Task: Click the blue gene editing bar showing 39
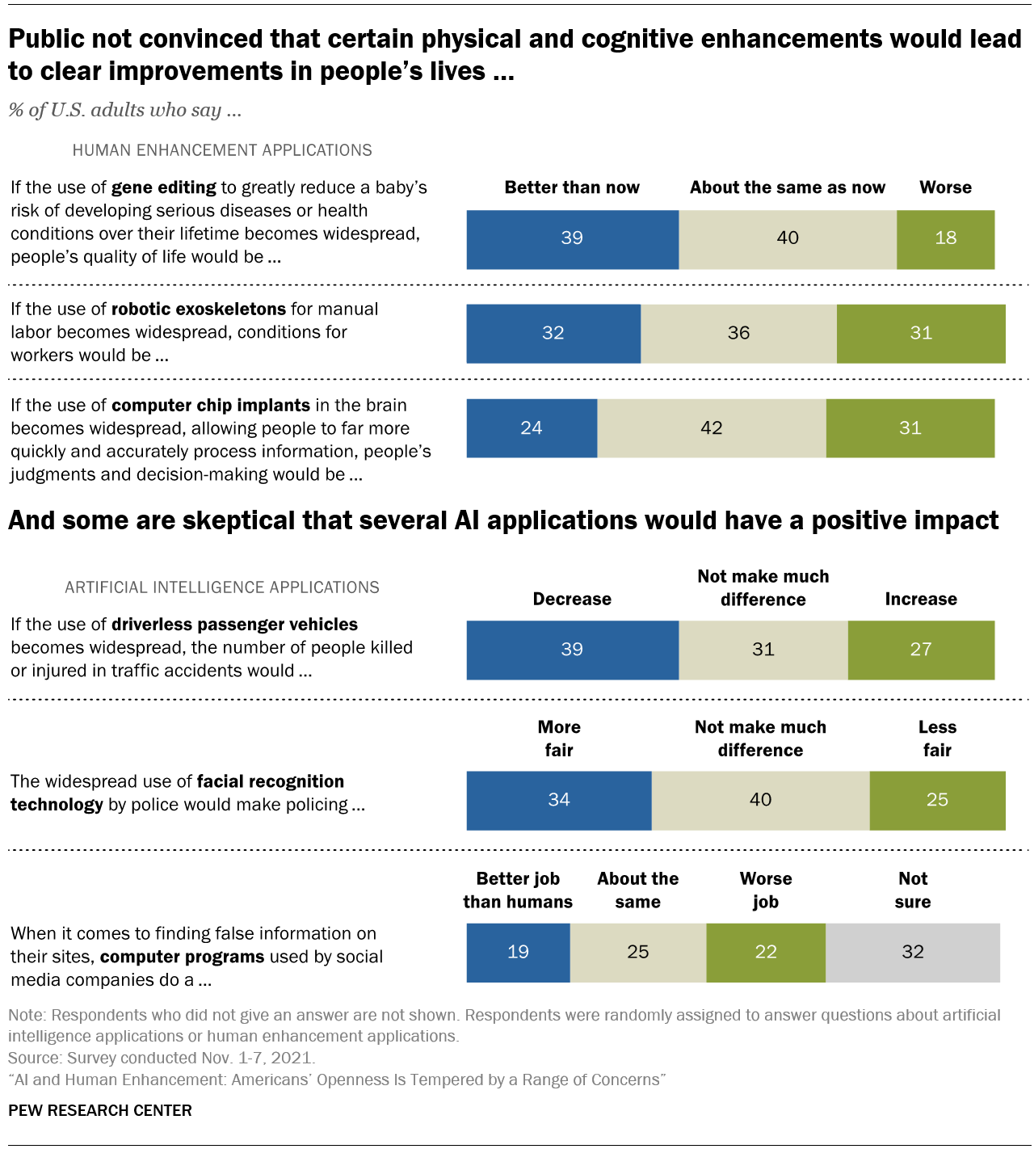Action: pos(572,239)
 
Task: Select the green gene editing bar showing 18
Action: pos(945,239)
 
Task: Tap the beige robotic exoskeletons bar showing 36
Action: pos(738,334)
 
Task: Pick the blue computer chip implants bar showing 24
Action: pos(532,428)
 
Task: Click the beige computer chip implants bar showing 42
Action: pos(711,428)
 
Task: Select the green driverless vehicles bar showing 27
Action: pos(921,650)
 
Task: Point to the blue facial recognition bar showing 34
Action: pos(559,800)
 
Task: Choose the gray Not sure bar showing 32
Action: pos(913,953)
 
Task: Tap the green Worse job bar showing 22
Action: pos(766,953)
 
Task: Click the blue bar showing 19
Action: pos(518,953)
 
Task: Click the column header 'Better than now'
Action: pos(572,187)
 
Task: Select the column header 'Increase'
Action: pos(921,599)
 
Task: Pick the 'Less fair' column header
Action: pos(937,739)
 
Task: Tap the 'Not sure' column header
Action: pos(913,890)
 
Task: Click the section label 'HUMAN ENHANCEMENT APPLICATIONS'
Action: pos(222,150)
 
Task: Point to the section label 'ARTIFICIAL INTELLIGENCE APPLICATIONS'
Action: pos(222,587)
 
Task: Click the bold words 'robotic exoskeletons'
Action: pos(199,309)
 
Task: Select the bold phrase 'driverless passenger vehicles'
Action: pos(234,625)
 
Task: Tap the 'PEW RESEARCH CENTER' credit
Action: pos(100,1110)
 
